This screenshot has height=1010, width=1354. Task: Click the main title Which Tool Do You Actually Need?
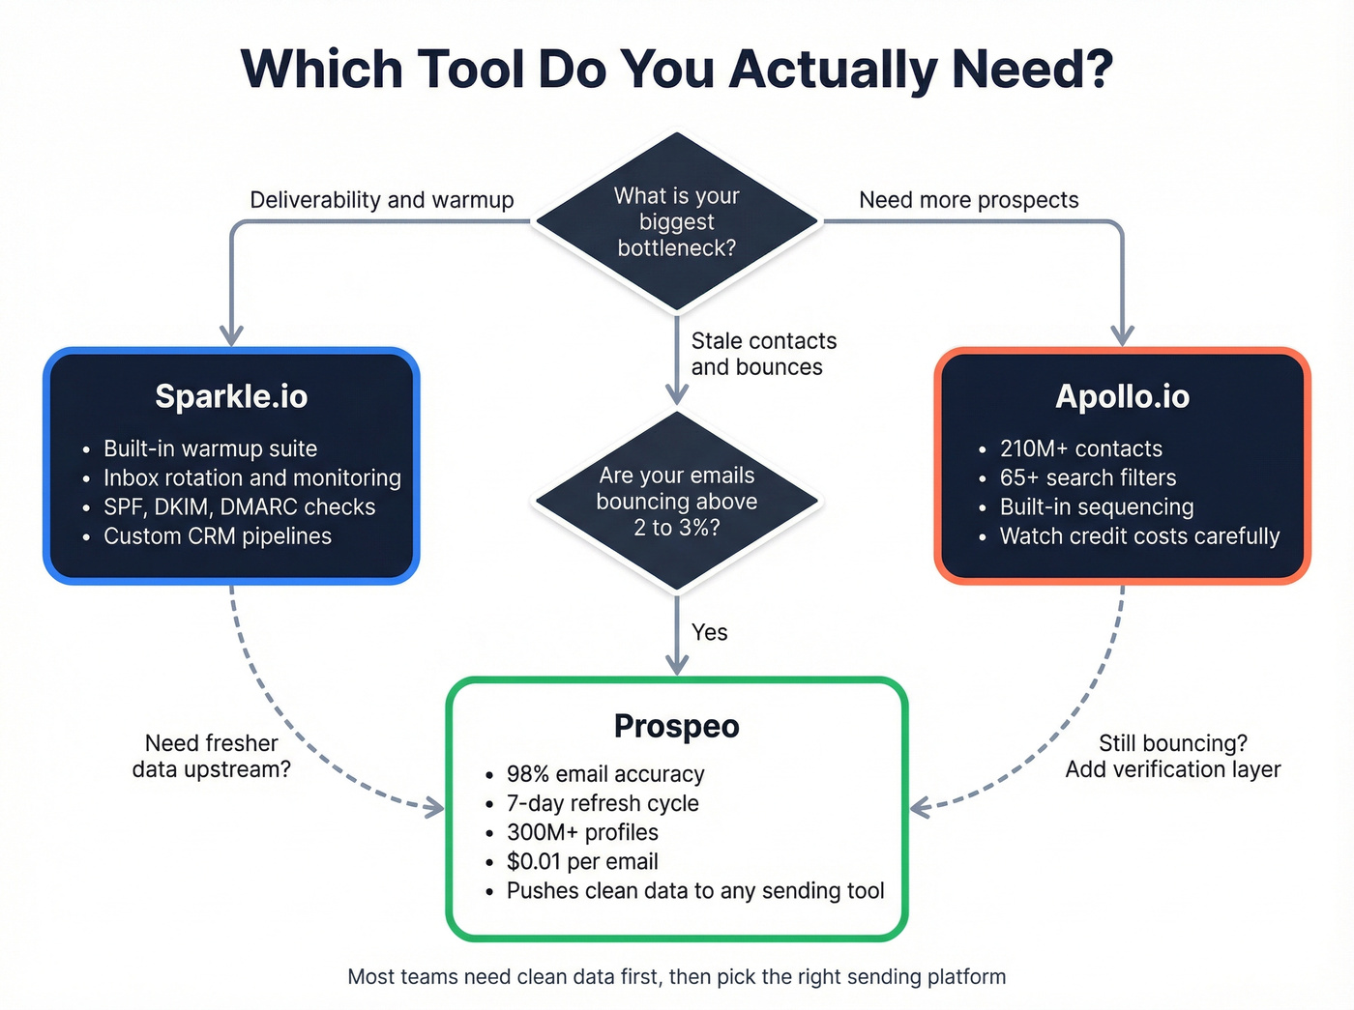click(676, 70)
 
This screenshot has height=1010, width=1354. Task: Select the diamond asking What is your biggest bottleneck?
click(676, 222)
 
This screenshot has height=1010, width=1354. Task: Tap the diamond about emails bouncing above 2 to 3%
click(676, 502)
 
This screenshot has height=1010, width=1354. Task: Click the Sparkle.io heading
click(231, 396)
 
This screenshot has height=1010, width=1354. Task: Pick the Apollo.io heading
click(1122, 396)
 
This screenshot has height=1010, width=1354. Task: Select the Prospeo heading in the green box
click(676, 726)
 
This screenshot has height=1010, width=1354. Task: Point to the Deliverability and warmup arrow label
click(381, 200)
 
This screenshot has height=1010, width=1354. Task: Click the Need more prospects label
click(968, 200)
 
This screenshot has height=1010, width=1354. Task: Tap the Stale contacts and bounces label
click(762, 354)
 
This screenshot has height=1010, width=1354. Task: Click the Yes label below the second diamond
click(709, 632)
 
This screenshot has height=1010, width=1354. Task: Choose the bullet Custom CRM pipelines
click(218, 536)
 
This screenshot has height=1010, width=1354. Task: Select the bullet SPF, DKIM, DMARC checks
click(239, 507)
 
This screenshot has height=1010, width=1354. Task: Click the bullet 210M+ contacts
click(1080, 449)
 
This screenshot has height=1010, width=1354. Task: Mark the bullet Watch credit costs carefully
click(1139, 536)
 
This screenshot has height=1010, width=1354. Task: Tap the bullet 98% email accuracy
click(605, 774)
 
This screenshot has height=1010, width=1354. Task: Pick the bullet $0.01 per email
click(582, 861)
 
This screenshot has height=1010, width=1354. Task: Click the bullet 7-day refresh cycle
click(603, 803)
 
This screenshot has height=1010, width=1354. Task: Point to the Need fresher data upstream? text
click(211, 756)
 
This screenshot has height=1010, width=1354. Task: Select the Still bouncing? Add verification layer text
click(1172, 756)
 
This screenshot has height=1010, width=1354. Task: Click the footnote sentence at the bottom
click(676, 976)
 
